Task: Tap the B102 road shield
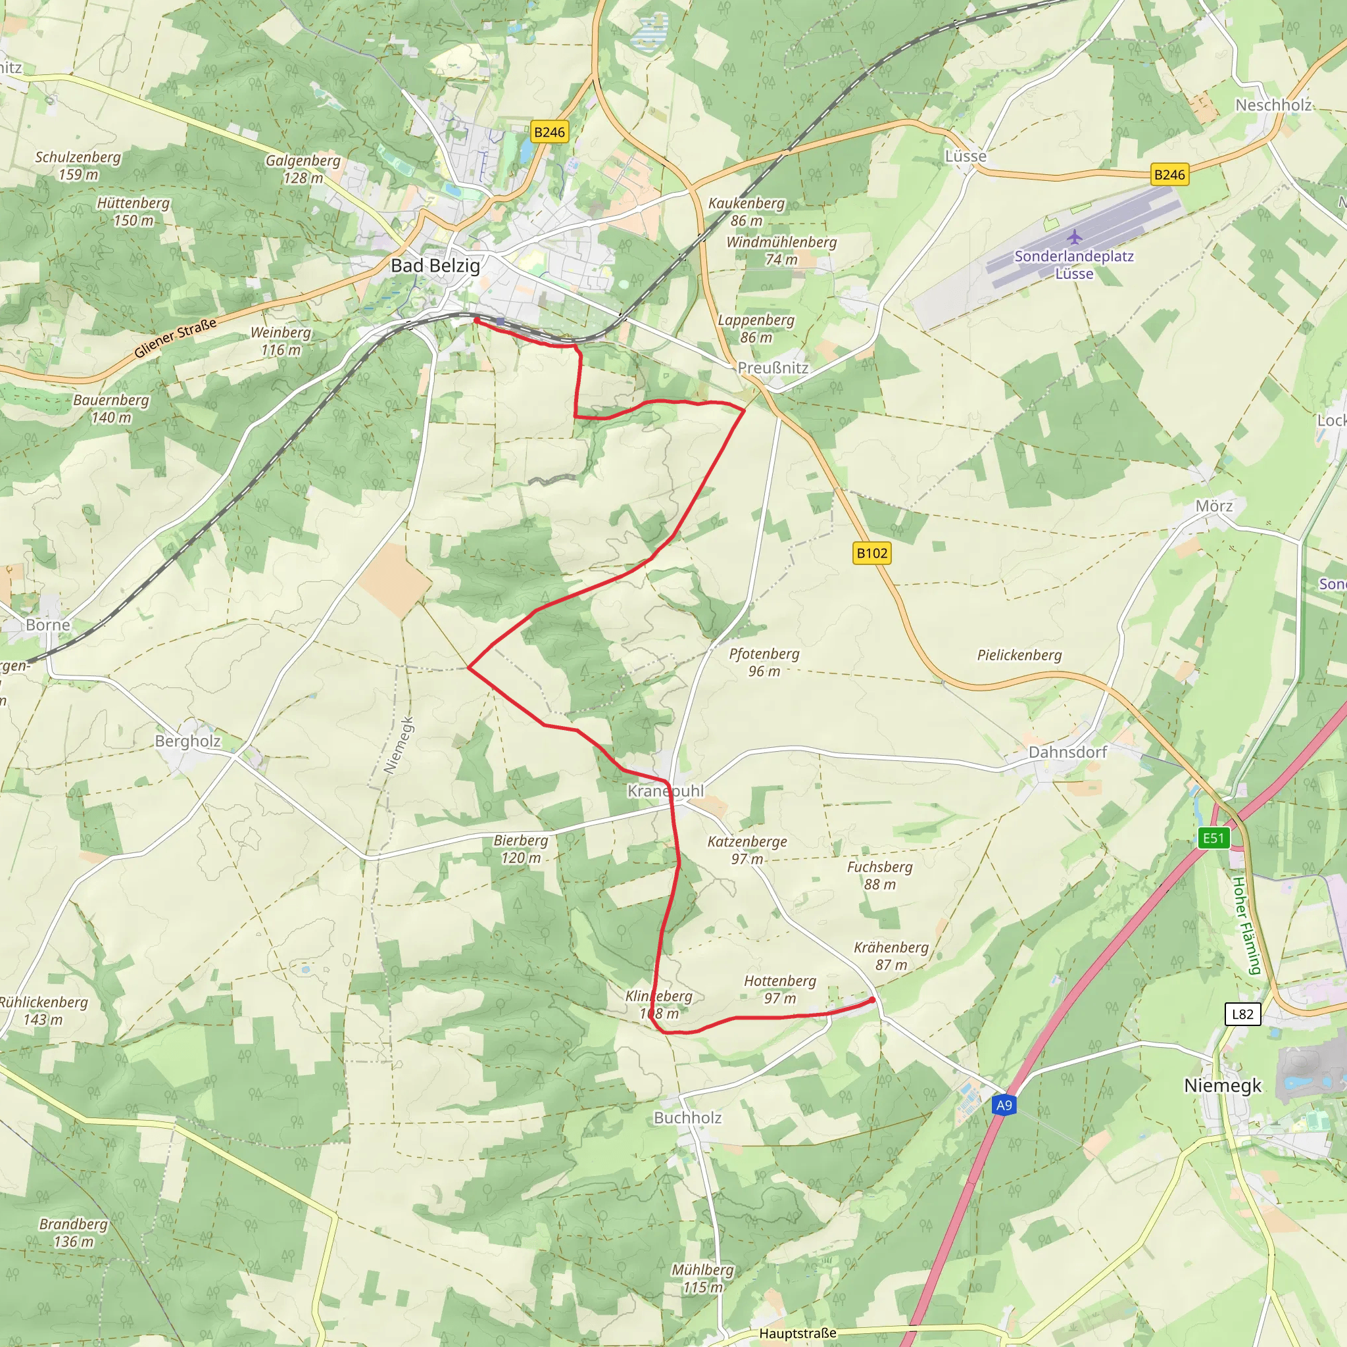871,553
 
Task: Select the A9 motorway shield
1003,1105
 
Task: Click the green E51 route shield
1213,838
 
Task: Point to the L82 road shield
1242,1014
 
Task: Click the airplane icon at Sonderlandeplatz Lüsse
1075,237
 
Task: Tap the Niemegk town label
1222,1085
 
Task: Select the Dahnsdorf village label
1067,752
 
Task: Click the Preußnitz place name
773,368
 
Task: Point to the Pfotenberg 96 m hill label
764,662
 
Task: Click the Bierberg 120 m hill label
521,848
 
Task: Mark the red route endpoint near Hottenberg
872,1000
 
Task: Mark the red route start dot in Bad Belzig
476,320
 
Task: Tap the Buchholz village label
687,1117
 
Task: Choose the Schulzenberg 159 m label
78,165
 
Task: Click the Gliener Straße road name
175,338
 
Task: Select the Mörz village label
1214,506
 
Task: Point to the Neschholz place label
1273,105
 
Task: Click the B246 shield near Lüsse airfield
1169,174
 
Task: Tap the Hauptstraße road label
798,1333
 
